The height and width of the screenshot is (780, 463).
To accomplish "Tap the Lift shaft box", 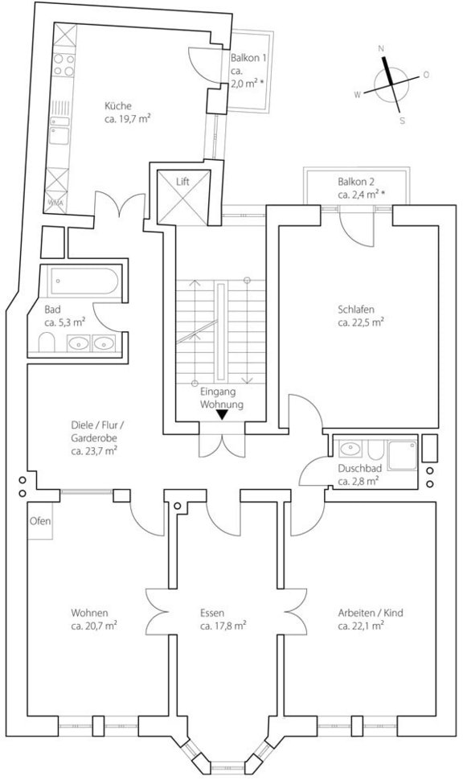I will (182, 196).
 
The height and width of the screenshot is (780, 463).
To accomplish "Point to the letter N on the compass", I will (382, 48).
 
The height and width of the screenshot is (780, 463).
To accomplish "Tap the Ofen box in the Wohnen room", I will (40, 521).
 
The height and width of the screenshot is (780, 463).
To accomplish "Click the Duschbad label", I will (359, 469).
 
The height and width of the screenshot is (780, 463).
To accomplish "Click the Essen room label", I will (212, 613).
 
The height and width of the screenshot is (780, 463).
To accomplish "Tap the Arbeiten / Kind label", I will (371, 613).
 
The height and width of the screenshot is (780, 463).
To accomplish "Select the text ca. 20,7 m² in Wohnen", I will (94, 626).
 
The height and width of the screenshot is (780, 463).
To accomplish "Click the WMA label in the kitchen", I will (55, 203).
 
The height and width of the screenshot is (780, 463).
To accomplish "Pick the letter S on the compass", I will (402, 121).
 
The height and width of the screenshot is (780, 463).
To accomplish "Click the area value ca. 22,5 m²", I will (360, 322).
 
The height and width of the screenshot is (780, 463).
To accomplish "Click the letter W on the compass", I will (356, 94).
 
